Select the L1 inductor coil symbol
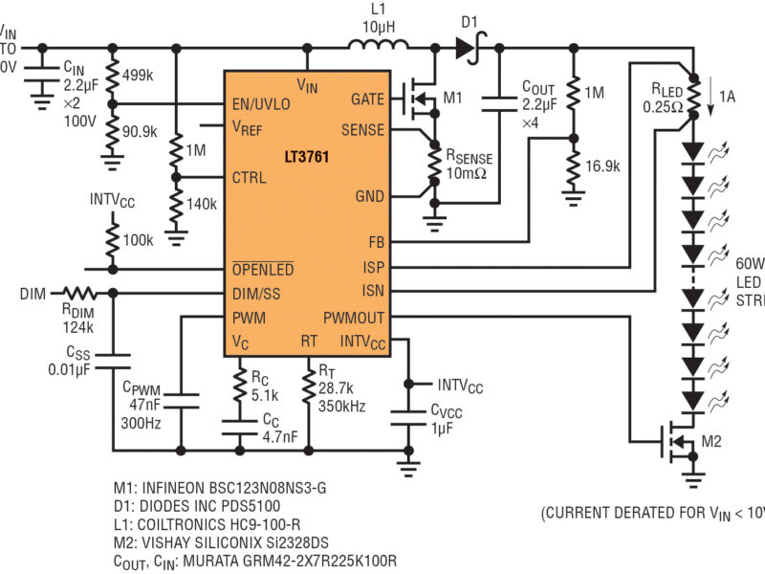[x=378, y=44]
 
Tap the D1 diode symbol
[x=468, y=44]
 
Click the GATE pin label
[x=367, y=99]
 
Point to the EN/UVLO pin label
[x=263, y=103]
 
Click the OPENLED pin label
[x=262, y=270]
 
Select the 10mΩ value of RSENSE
[x=468, y=173]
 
